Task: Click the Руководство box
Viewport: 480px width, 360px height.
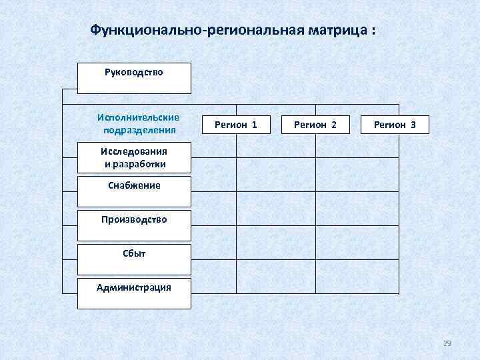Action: tap(134, 78)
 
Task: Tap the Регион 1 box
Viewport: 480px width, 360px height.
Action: tap(236, 125)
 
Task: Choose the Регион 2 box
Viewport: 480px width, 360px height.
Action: tap(315, 125)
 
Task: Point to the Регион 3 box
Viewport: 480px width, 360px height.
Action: tap(395, 125)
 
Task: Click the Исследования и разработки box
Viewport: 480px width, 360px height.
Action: tap(134, 157)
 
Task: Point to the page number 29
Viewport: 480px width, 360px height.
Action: tap(447, 343)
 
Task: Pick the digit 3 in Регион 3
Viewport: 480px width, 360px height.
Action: tap(413, 125)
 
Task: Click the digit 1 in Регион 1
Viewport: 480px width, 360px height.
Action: tap(255, 125)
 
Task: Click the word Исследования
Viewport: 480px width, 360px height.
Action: tap(134, 151)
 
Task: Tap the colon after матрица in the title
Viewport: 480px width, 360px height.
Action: tap(373, 31)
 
